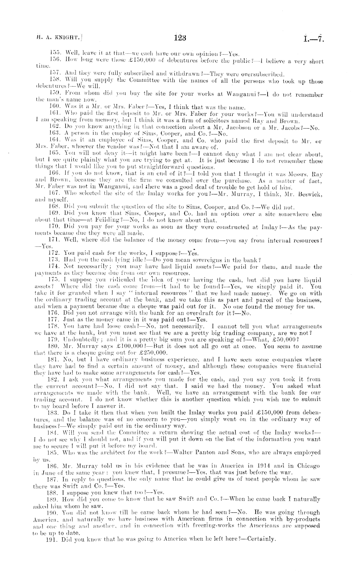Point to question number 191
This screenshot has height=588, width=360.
(x=53, y=539)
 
